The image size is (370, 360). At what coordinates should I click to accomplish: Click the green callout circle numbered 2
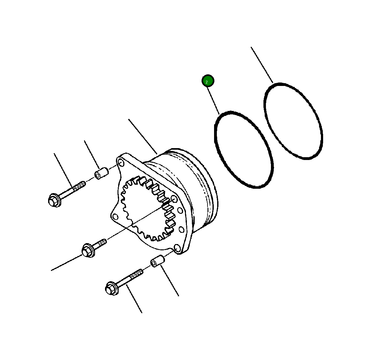[207, 81]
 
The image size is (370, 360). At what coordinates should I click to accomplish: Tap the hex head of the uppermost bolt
[54, 200]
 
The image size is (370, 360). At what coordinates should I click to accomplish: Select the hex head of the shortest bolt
[88, 251]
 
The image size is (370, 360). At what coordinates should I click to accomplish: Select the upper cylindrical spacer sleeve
[101, 174]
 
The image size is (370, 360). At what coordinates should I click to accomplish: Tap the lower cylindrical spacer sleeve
[157, 261]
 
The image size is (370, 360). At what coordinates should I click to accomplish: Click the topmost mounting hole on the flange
[120, 162]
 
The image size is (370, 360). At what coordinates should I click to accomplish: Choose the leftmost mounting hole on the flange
[115, 217]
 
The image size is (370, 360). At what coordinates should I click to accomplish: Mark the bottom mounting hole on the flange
[177, 249]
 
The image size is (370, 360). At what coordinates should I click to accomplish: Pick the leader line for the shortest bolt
[66, 263]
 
